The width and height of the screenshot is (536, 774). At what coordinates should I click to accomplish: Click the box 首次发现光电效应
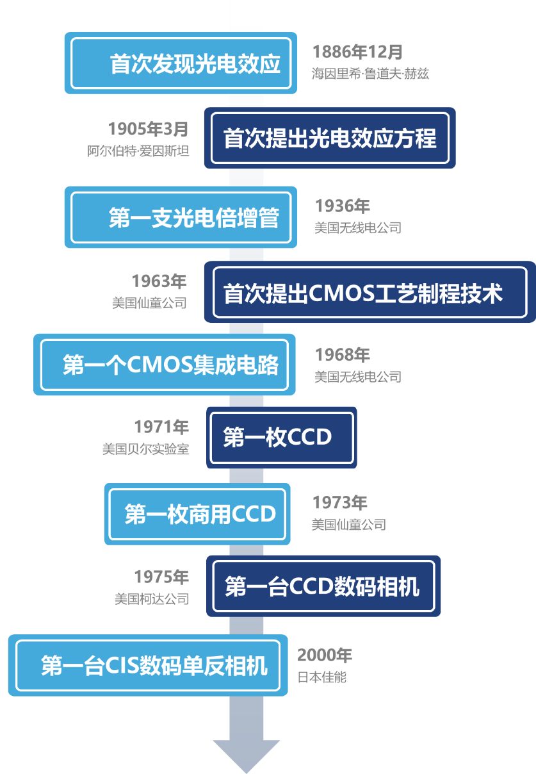[181, 63]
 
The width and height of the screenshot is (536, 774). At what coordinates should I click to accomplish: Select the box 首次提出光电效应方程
[330, 138]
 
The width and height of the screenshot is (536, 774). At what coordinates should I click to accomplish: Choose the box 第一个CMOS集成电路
[165, 365]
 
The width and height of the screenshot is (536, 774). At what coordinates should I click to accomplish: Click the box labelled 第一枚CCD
[282, 438]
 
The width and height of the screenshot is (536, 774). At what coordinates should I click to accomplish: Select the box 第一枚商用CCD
[197, 514]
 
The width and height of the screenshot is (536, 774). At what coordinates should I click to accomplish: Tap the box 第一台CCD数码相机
[323, 586]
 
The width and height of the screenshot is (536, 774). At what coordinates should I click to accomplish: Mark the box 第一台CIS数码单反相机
[148, 665]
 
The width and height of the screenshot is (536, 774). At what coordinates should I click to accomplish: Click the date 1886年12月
[357, 52]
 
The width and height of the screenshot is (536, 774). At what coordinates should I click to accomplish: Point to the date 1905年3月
[148, 129]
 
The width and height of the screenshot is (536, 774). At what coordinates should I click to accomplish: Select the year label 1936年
[343, 206]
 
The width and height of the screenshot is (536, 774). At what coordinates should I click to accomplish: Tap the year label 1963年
[159, 281]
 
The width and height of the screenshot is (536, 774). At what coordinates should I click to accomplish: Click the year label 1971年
[161, 427]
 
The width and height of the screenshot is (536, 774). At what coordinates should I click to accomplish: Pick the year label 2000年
[325, 655]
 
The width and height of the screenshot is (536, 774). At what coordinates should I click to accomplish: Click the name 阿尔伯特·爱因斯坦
[138, 152]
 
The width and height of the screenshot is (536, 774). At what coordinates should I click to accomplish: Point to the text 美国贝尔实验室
[146, 449]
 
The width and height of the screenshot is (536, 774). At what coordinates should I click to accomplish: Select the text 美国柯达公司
[152, 600]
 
